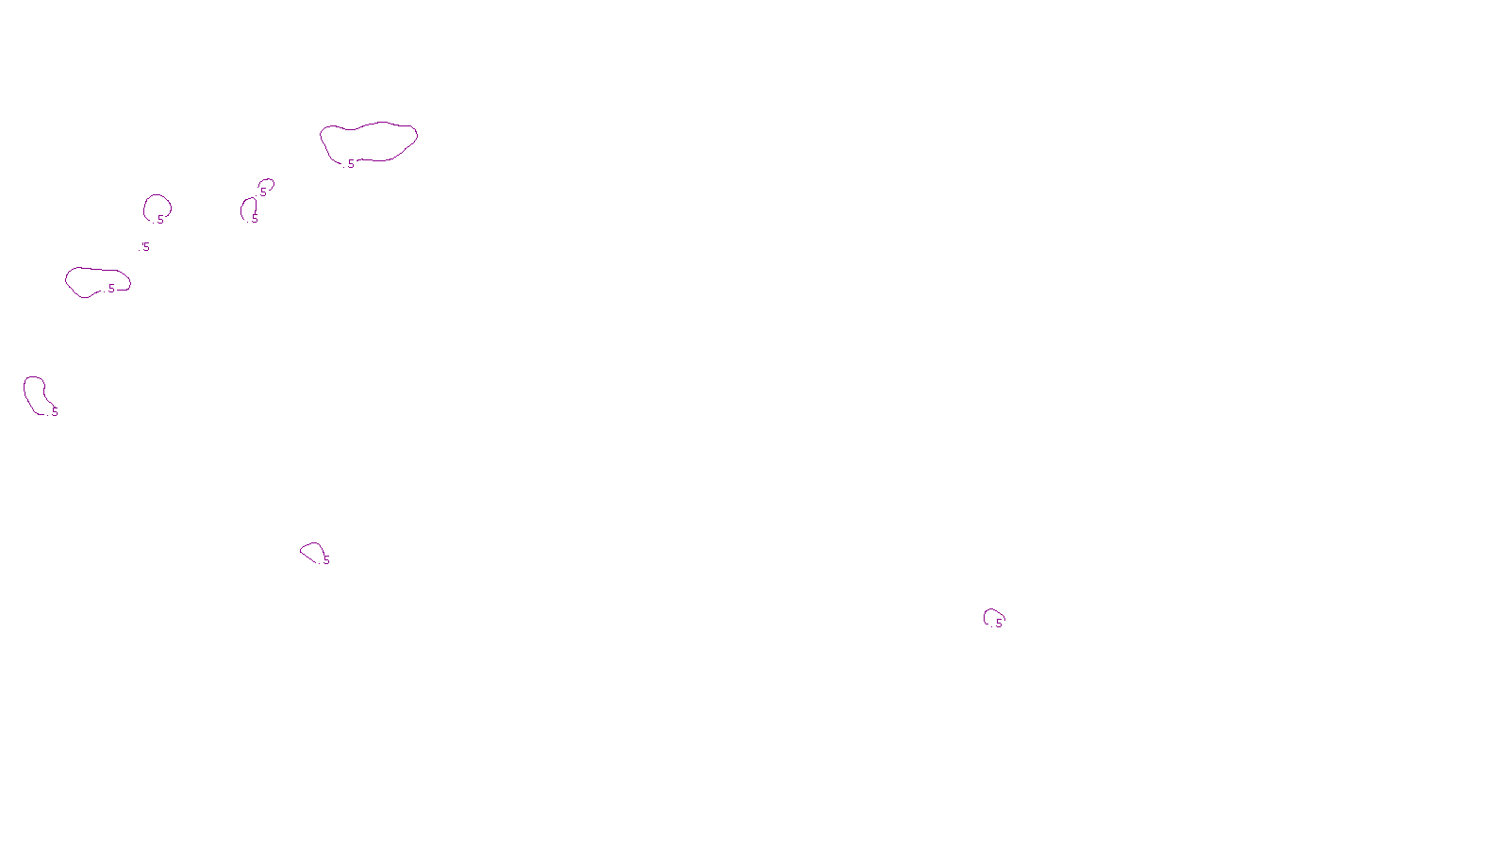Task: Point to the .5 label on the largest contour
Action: [x=350, y=164]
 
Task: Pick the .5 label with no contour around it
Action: [x=144, y=247]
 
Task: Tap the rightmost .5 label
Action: [x=998, y=624]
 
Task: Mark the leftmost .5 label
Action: [x=54, y=412]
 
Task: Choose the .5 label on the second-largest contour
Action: [x=110, y=289]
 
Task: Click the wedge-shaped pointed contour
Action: [x=311, y=551]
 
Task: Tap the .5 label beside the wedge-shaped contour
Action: [x=325, y=560]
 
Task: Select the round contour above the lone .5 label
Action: [x=157, y=206]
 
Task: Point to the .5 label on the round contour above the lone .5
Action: [x=159, y=220]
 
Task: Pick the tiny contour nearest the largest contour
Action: [x=267, y=184]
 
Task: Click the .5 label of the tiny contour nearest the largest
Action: [x=262, y=192]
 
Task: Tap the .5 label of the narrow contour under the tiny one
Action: [x=254, y=219]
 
